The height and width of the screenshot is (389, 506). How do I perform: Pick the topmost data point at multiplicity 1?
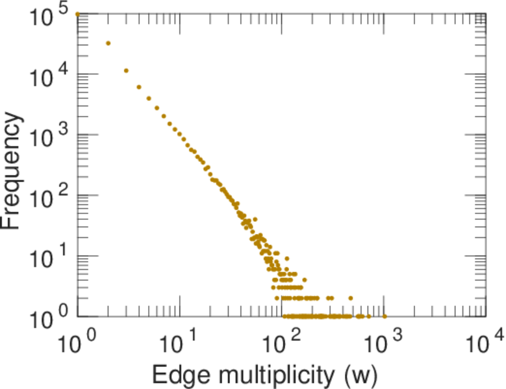[78, 14]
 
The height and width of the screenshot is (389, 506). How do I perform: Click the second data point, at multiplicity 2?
[108, 43]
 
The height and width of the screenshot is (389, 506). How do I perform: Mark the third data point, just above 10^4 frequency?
[126, 71]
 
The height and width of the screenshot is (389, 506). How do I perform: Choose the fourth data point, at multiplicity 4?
[139, 87]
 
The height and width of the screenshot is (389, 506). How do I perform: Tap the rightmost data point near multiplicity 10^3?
[384, 316]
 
